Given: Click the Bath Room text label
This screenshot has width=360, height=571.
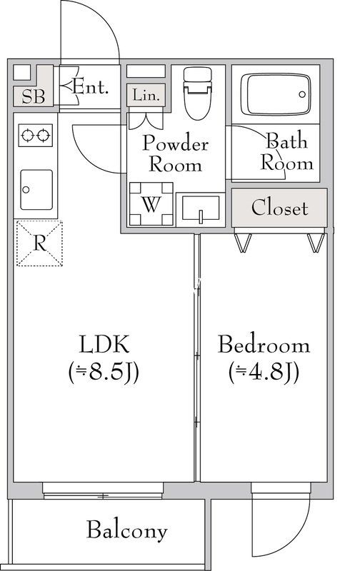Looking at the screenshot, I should pyautogui.click(x=286, y=151).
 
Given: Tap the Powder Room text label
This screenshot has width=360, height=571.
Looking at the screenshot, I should pyautogui.click(x=175, y=153).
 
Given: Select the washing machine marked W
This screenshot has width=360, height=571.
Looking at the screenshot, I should pyautogui.click(x=151, y=204).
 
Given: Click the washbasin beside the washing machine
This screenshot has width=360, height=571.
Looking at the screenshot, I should pyautogui.click(x=200, y=209).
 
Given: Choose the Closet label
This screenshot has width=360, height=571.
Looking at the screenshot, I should pyautogui.click(x=279, y=208).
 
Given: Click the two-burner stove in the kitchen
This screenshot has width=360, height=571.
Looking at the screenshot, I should pyautogui.click(x=36, y=135).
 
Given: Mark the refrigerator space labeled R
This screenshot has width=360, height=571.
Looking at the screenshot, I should pyautogui.click(x=40, y=243).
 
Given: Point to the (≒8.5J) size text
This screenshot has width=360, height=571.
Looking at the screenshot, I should pyautogui.click(x=104, y=372).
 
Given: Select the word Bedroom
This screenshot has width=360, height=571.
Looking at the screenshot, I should pyautogui.click(x=264, y=345).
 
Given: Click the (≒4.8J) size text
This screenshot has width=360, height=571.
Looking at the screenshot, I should pyautogui.click(x=264, y=372).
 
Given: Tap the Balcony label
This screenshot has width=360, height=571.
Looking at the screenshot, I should pyautogui.click(x=127, y=530).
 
